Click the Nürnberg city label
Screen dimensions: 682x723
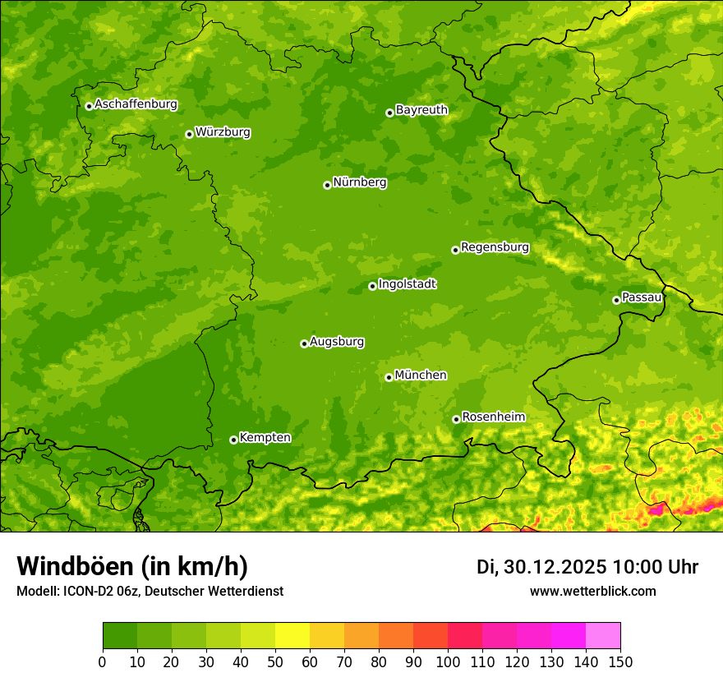click(x=359, y=182)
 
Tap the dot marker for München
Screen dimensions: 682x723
click(x=389, y=377)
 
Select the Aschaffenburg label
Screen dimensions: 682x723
click(x=136, y=104)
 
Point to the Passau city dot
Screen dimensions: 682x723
click(x=616, y=300)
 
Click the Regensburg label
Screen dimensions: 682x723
click(x=495, y=247)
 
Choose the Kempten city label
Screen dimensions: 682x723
click(x=265, y=438)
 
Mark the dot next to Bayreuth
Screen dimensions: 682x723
click(x=389, y=113)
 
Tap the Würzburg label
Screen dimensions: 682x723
click(x=223, y=132)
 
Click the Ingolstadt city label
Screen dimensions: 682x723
click(x=407, y=284)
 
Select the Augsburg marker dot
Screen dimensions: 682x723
click(x=304, y=343)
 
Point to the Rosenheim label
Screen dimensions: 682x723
click(x=493, y=417)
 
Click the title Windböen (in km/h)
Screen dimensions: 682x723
click(x=131, y=566)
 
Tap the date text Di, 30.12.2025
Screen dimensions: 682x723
click(x=541, y=567)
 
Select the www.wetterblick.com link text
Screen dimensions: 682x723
click(x=592, y=591)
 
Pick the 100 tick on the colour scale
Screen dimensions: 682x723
click(x=447, y=661)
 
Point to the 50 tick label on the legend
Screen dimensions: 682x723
click(x=275, y=661)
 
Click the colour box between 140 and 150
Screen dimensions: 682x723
click(x=602, y=636)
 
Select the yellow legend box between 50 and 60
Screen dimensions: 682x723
click(x=292, y=636)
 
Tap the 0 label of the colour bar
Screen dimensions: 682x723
click(x=102, y=661)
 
